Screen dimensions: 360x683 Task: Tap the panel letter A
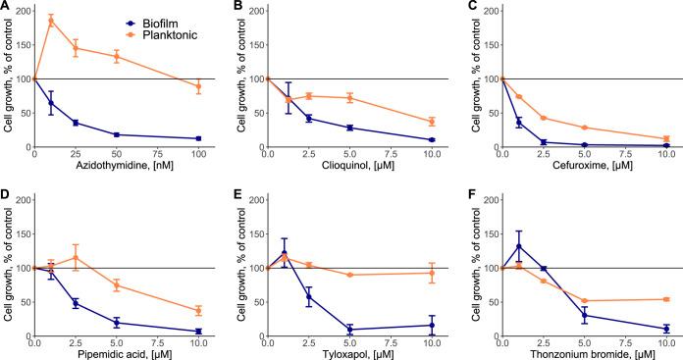[6, 7]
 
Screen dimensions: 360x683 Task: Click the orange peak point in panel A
[51, 21]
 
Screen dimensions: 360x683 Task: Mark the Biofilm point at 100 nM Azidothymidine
[200, 138]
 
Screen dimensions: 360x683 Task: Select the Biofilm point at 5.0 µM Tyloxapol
[350, 330]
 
